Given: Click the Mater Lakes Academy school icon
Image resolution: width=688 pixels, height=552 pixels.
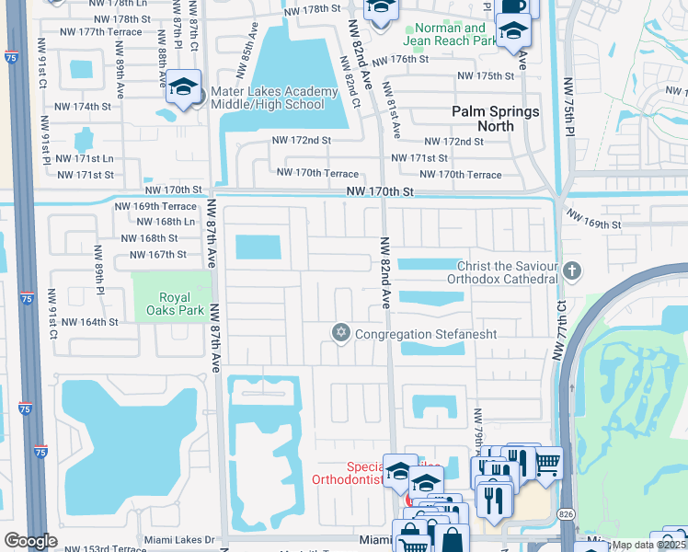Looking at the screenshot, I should (184, 88).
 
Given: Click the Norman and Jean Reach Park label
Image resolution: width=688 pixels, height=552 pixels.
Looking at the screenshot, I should (449, 34).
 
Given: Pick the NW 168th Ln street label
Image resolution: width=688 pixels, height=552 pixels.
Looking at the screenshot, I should (165, 222).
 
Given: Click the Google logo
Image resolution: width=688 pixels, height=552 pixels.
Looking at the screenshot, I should (30, 541).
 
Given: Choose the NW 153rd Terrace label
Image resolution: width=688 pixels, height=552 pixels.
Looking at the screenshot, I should (102, 549).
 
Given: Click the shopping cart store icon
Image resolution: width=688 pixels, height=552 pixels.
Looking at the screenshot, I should (547, 461).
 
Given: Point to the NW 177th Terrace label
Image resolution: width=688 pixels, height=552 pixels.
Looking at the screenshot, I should (98, 31).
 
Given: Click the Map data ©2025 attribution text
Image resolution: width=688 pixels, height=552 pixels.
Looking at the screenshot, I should (649, 545).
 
